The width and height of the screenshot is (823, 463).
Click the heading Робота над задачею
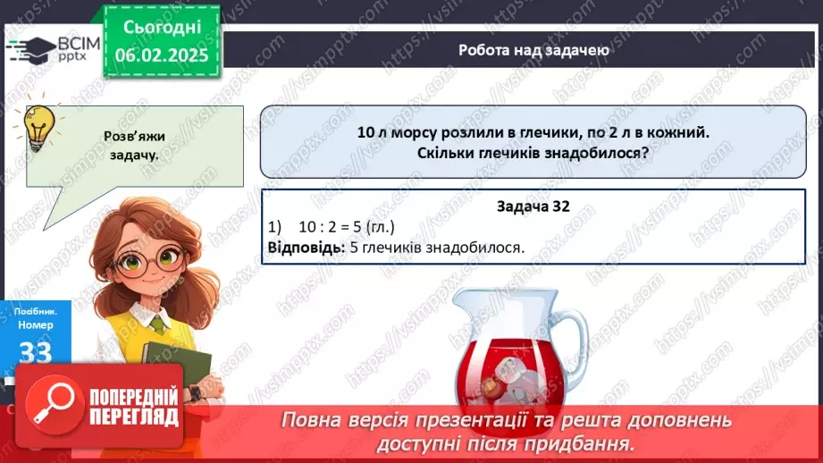tap(534, 50)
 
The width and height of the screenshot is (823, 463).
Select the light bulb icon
tap(38, 128)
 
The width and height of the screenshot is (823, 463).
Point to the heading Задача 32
tap(533, 206)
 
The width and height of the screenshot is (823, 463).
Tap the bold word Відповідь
tap(305, 247)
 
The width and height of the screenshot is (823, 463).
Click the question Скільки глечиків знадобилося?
tap(533, 153)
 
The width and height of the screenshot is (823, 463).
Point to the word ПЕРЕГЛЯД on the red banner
tap(134, 417)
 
